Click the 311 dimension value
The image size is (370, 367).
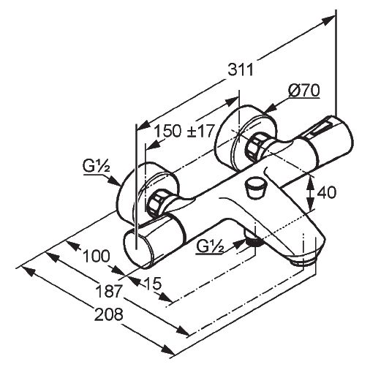point(241,70)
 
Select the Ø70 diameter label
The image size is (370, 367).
point(303,91)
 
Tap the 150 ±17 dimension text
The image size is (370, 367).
point(184,131)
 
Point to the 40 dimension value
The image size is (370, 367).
point(326,192)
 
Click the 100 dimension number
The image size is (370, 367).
point(97,256)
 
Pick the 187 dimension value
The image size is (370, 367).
point(109,291)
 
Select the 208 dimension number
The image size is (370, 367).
point(109,314)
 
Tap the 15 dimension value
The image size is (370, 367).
point(153,284)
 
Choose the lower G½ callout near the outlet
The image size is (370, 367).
point(210,246)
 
